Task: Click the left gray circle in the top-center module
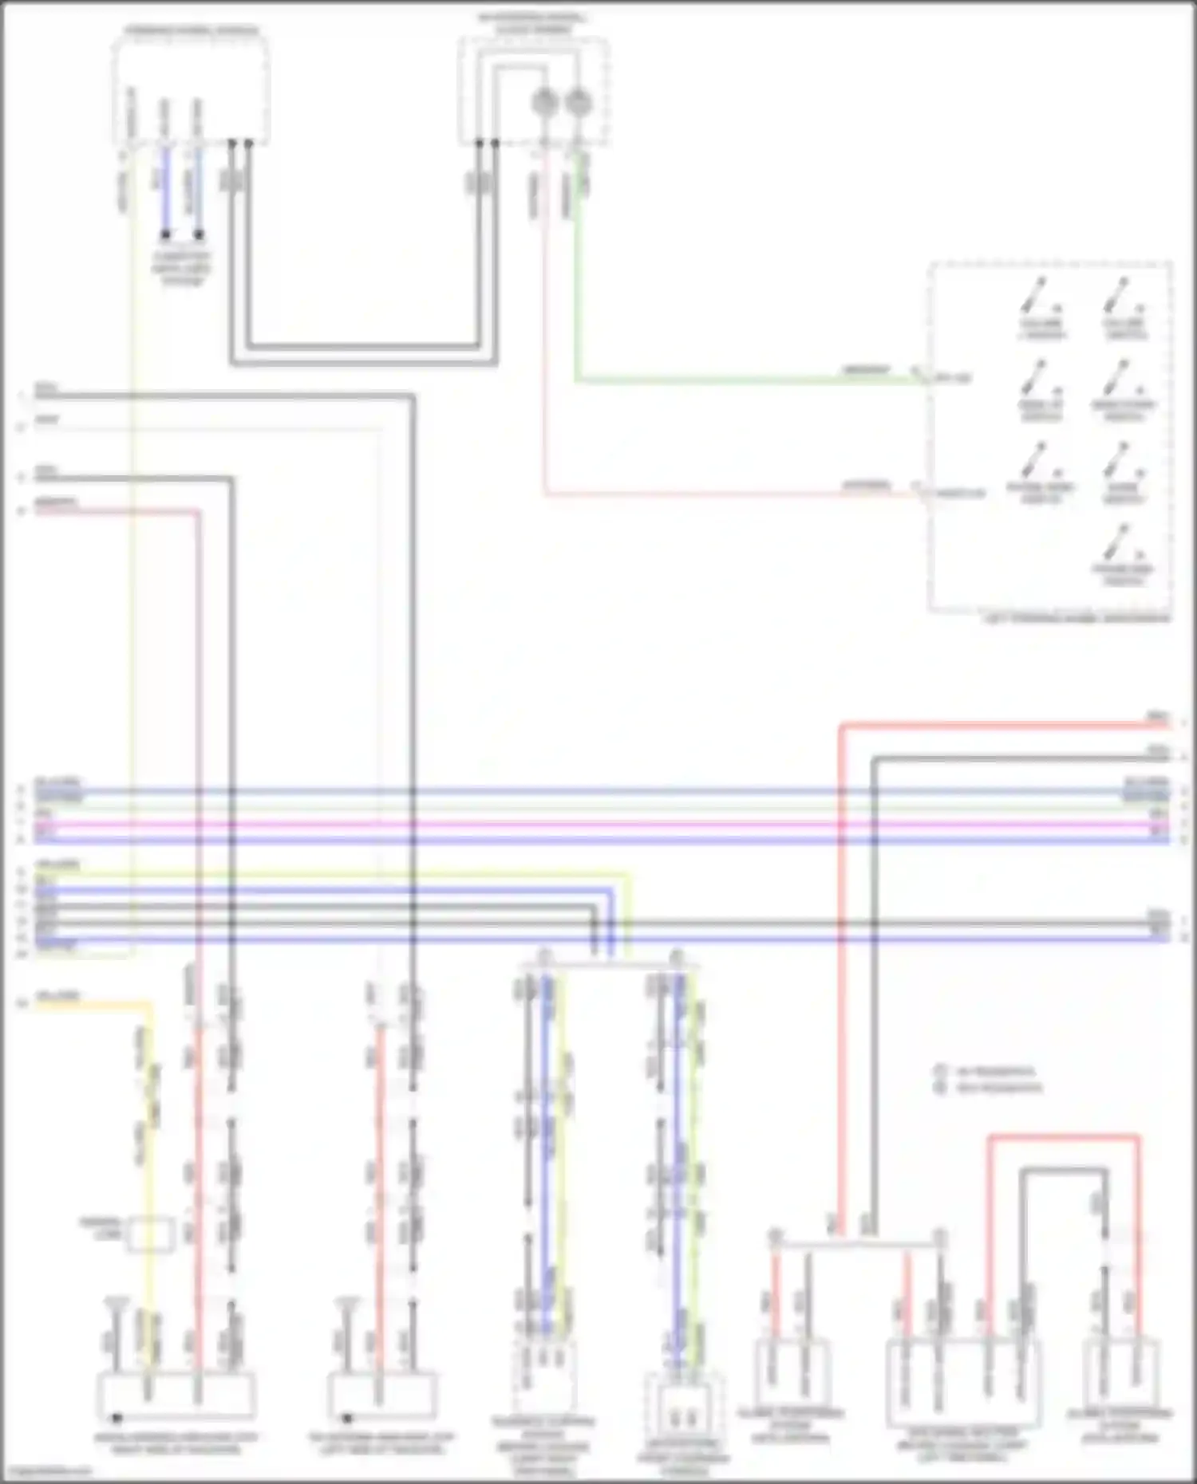point(544,101)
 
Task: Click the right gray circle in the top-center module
point(577,101)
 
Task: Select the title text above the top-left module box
point(191,31)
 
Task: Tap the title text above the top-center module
point(533,22)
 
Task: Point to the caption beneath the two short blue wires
point(182,268)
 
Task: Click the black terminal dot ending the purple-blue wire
point(166,234)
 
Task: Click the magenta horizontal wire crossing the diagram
point(598,824)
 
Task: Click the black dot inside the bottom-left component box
point(117,1418)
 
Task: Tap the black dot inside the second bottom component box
point(348,1418)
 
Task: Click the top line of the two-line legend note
point(990,1071)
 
